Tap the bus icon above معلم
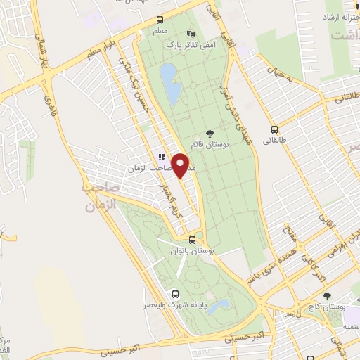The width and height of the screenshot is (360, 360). [x=160, y=20]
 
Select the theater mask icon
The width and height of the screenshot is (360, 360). [x=191, y=33]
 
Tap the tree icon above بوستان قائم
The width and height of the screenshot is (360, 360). [x=209, y=134]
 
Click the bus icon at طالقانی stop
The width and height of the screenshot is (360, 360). [x=274, y=129]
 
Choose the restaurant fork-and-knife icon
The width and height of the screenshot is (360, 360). [x=161, y=157]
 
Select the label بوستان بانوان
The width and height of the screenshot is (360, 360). [x=193, y=251]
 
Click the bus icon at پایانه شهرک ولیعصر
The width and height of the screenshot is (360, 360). [x=174, y=293]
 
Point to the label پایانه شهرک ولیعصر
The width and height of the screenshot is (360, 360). [x=174, y=304]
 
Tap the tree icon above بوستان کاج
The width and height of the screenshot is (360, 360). [x=326, y=297]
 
